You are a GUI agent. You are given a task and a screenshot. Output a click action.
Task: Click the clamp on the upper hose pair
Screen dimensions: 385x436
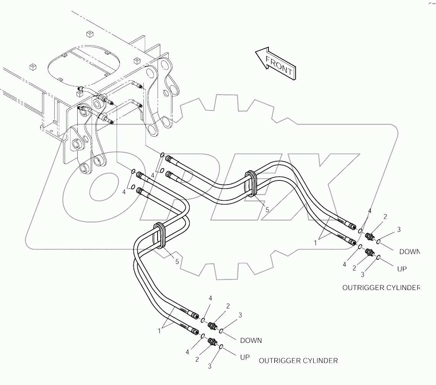pos(251,184)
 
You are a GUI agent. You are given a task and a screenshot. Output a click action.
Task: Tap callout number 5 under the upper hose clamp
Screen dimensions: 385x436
pos(267,210)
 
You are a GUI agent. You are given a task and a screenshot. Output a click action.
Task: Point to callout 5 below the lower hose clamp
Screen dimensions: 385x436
pos(176,262)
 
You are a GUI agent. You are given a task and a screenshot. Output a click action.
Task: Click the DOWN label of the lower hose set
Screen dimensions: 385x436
pos(251,340)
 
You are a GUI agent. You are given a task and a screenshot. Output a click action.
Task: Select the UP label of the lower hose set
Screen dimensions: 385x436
pos(245,357)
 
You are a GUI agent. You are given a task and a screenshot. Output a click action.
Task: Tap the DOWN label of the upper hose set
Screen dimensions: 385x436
pos(409,252)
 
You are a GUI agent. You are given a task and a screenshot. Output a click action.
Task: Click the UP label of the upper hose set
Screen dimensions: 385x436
pos(402,269)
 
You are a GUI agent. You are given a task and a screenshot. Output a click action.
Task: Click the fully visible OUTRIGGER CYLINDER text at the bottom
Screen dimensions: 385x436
pos(298,360)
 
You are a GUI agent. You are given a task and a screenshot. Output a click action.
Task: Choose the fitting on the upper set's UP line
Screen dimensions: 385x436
pos(369,252)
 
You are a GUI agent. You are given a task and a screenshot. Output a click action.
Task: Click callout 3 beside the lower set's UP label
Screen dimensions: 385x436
pos(210,366)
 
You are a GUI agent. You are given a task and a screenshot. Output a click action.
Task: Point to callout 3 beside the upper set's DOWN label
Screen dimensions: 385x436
pos(399,229)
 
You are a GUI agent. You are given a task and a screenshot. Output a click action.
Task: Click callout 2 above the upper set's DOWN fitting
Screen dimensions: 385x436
pos(385,217)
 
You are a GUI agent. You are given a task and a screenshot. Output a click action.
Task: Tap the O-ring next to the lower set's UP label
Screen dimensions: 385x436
pos(221,347)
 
